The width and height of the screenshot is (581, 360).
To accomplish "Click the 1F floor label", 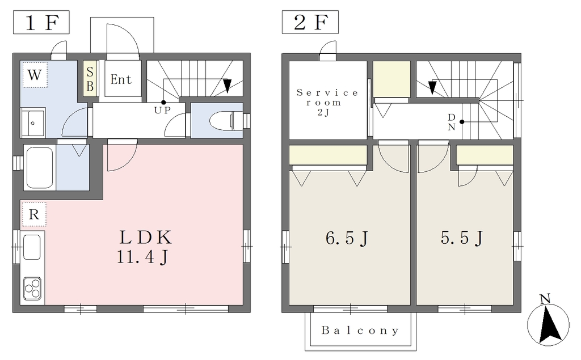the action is pos(41,22).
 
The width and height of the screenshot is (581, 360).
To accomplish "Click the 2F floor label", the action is pos(310,22).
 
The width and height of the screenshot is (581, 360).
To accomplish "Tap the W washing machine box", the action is pos(35,75).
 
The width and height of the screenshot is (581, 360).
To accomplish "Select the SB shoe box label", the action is pos(90,78).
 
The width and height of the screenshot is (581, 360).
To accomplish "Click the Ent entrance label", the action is pos(121,79).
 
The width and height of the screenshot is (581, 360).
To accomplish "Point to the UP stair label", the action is pos(163,110).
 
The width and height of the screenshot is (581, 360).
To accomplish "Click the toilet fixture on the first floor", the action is pos(226,120).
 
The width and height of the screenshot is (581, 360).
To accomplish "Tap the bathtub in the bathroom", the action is pos(40,167).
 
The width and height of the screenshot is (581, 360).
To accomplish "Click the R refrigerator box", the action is pos(34,214).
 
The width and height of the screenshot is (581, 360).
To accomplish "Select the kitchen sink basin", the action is pos(32,247).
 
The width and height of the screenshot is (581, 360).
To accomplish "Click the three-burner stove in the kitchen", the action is pos(32,288).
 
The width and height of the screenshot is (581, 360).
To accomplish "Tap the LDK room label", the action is pos(145,238).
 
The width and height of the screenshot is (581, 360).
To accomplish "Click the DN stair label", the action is pos(451,122).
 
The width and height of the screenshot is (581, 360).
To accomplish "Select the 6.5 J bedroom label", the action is pos(347,238).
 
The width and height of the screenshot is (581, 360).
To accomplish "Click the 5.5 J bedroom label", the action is pos(462,238).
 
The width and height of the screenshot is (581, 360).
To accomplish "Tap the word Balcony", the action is pos(360,331).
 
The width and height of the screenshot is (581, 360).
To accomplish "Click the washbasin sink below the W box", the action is pos(33,122).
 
